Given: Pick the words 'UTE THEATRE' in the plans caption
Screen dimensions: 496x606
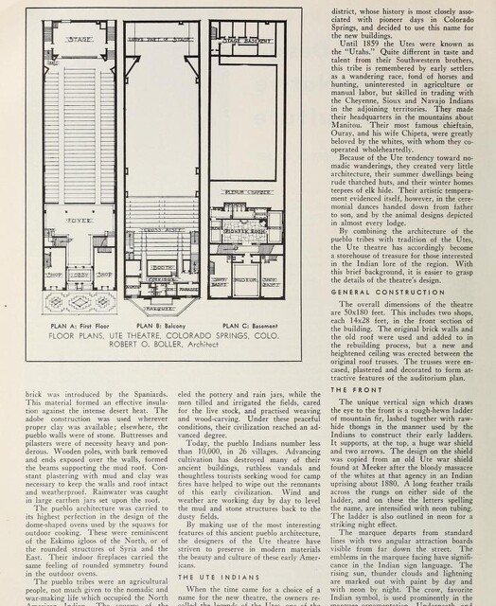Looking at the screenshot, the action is (x=112, y=335).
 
